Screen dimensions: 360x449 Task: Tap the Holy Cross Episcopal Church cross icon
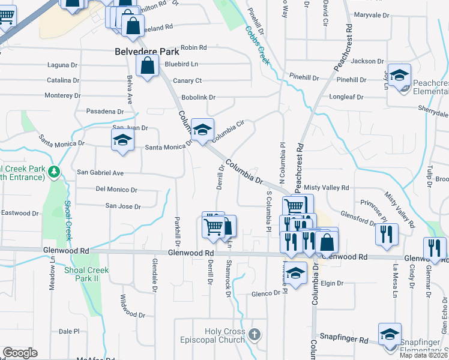click(x=254, y=334)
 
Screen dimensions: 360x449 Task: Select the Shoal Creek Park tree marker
click(x=55, y=172)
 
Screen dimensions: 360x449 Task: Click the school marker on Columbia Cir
click(x=203, y=130)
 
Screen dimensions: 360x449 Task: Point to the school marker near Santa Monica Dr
click(x=122, y=140)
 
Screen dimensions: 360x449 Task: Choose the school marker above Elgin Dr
click(x=295, y=273)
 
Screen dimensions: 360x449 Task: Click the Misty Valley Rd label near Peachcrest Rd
click(x=327, y=188)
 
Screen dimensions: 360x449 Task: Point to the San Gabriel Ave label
click(x=100, y=173)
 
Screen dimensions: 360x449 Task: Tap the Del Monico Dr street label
click(x=116, y=190)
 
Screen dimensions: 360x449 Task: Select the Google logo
click(x=20, y=353)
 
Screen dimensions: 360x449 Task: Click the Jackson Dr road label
click(x=367, y=61)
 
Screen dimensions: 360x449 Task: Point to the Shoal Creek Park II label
click(x=86, y=274)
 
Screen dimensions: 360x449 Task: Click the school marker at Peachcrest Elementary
click(x=399, y=75)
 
